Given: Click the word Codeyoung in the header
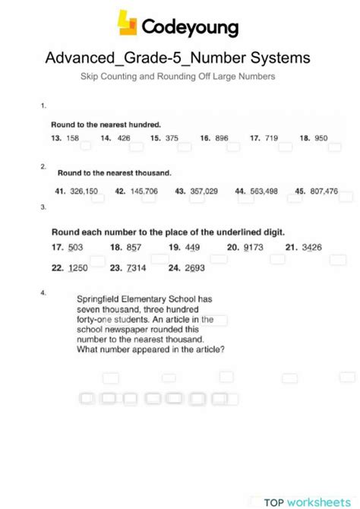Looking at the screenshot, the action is coord(190,27).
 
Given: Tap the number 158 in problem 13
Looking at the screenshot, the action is coord(73,138).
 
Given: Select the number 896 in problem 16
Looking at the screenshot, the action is coord(222,138).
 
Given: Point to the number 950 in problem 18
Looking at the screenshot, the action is coord(321,138).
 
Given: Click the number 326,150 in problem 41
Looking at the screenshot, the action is coord(84,191).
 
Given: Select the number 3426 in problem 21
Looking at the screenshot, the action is coord(311,248).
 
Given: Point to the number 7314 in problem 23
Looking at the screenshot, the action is coord(137,268).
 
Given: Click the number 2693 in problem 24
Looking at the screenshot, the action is coord(195,268).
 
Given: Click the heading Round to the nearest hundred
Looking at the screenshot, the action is coord(106,124).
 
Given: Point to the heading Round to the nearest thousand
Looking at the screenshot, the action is coord(115,173).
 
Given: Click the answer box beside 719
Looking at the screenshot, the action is coord(286,147).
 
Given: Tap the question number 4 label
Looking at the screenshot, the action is coord(44,292).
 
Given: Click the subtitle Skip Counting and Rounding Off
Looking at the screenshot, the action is coord(178,77).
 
